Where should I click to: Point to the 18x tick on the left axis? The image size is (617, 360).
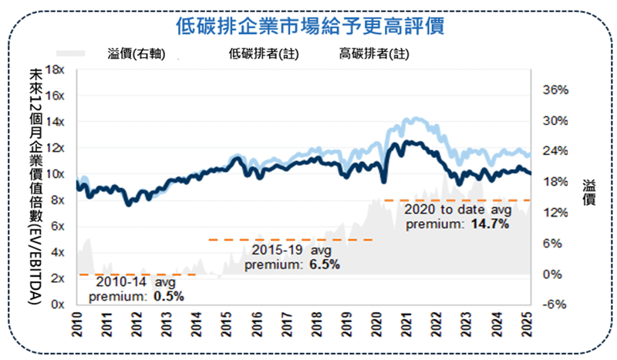55,69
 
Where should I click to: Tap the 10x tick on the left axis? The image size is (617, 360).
55,174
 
